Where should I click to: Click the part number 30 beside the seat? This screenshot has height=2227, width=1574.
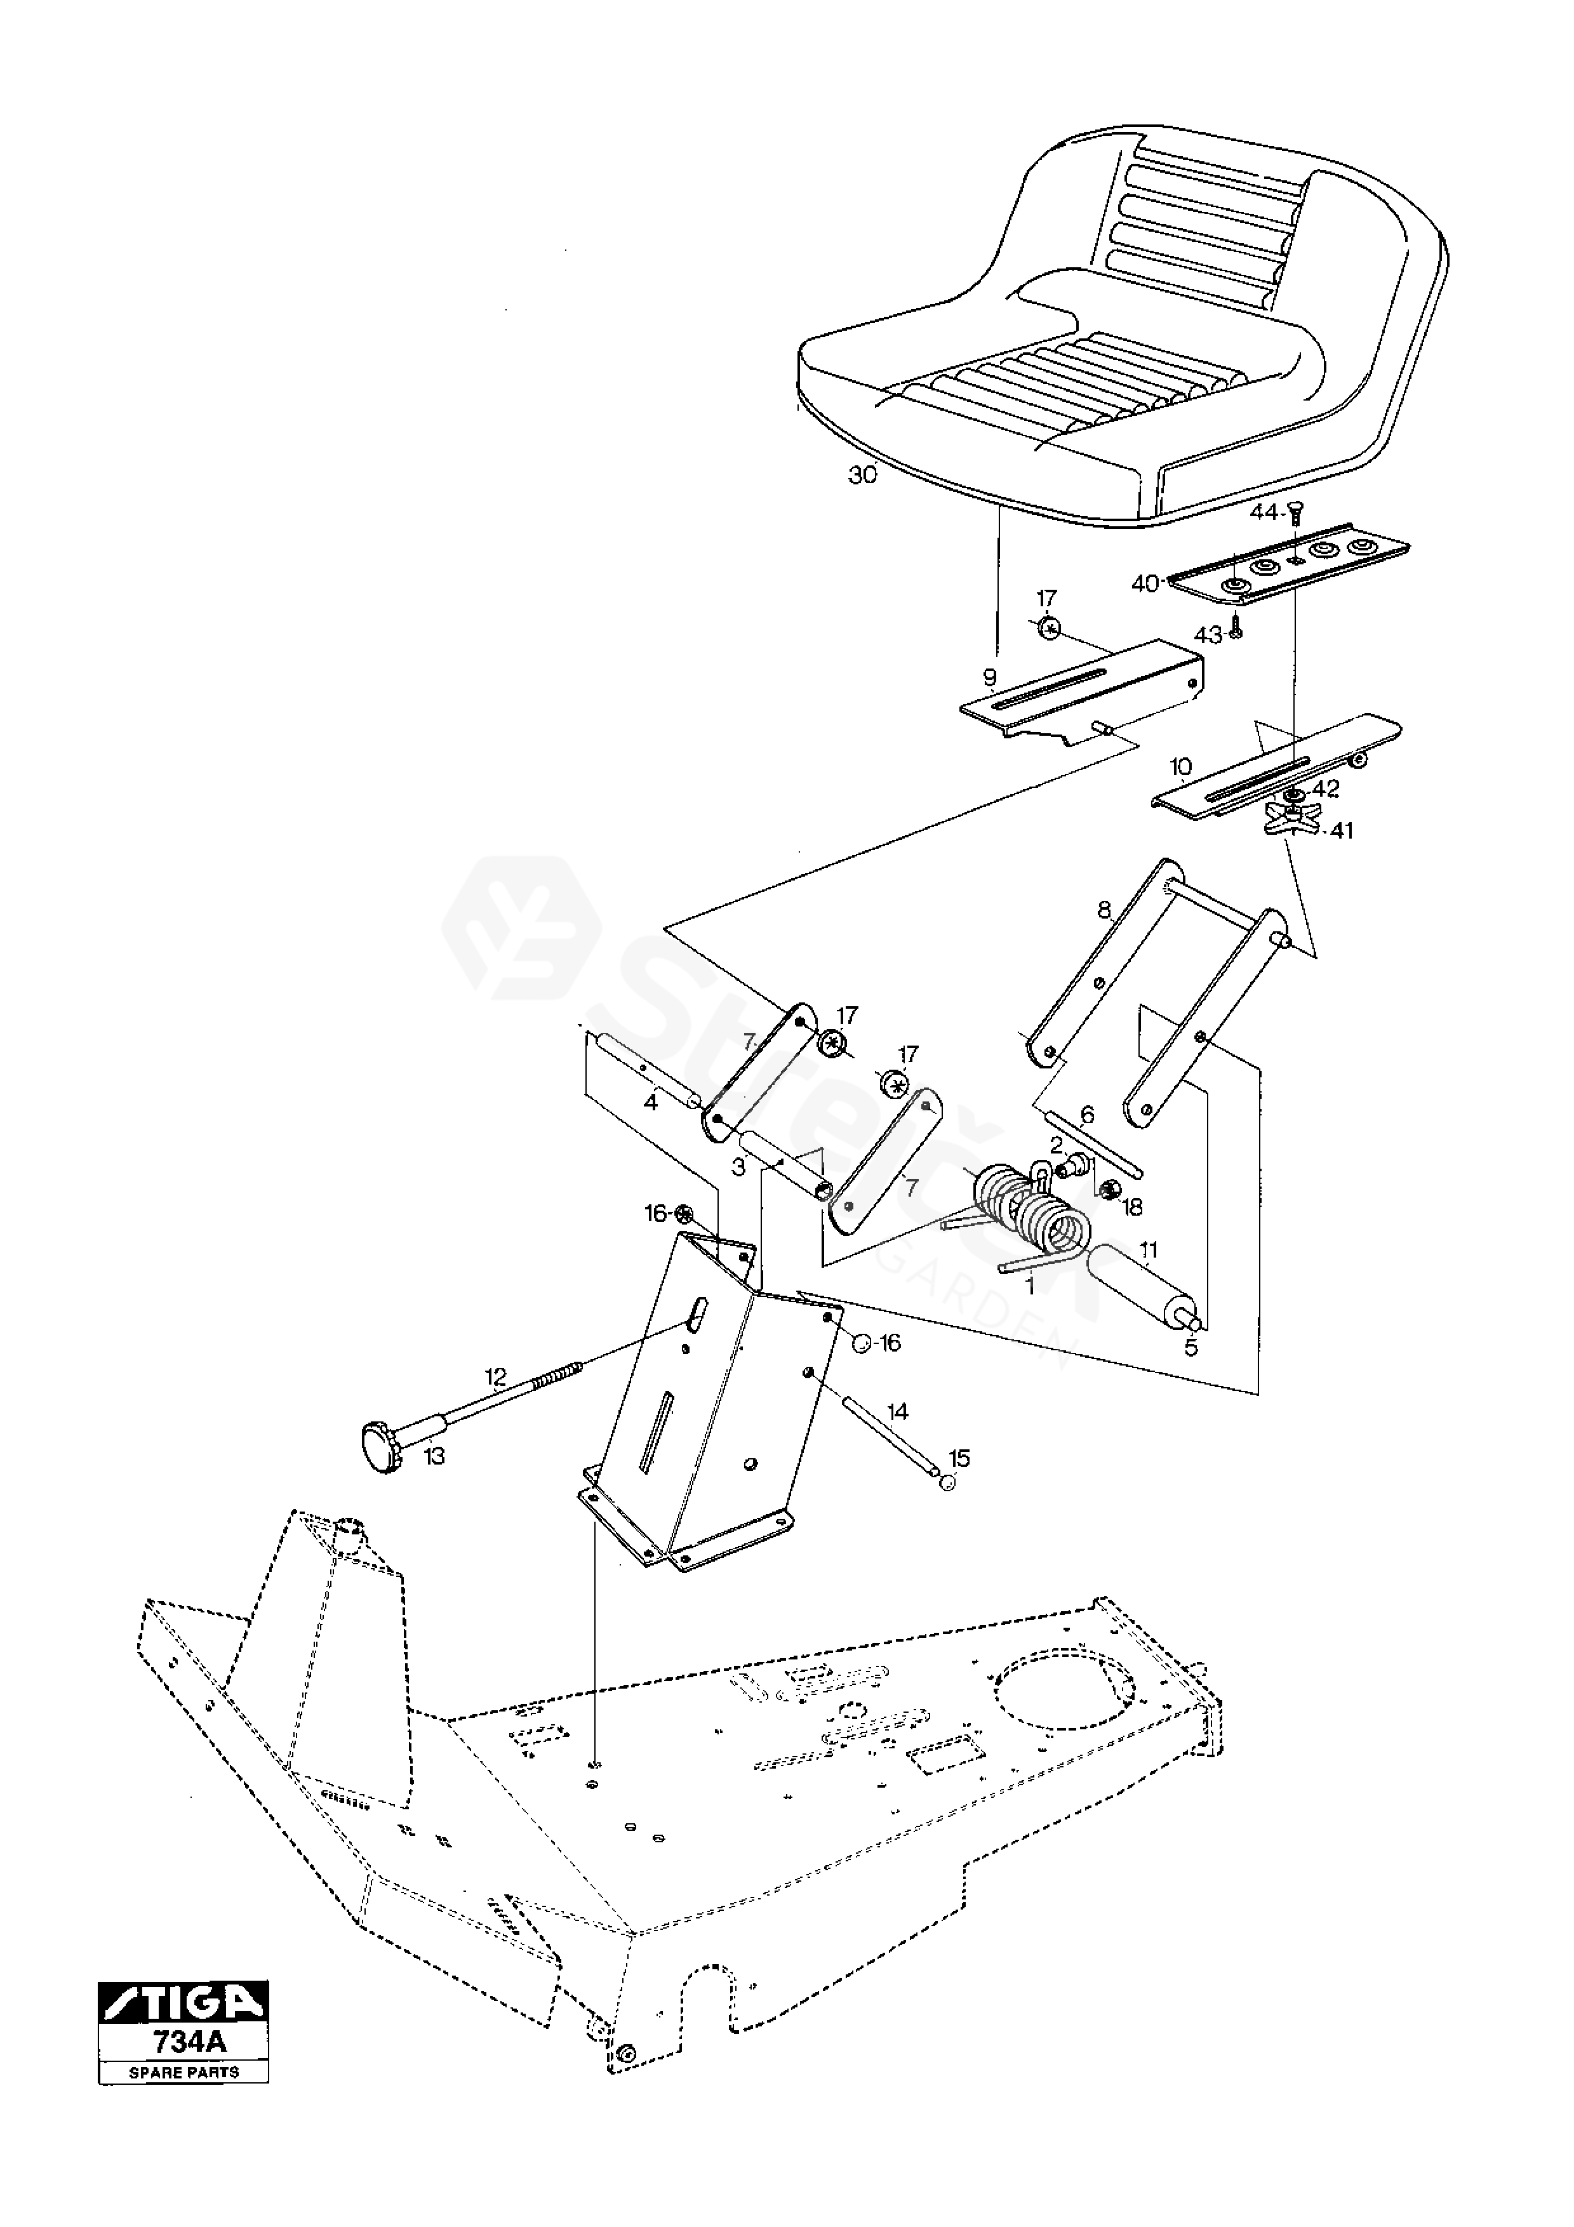coord(862,475)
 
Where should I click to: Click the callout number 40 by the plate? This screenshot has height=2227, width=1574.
coord(1145,584)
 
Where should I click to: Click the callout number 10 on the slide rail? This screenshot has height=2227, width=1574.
coord(1180,768)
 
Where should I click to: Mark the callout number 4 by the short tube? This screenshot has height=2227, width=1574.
coord(651,1103)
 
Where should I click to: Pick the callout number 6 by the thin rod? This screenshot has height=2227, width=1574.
coord(1086,1115)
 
